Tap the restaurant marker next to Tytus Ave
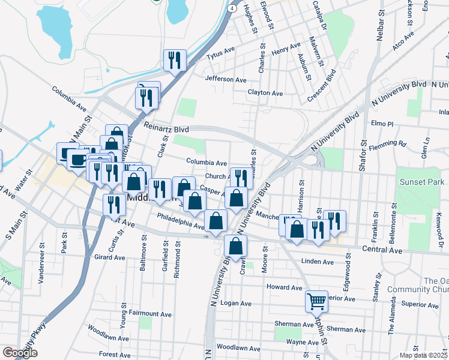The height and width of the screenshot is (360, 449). click(175, 60)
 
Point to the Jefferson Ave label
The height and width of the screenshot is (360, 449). click(226, 79)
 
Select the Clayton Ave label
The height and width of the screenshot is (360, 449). click(265, 93)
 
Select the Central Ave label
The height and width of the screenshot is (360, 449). click(382, 248)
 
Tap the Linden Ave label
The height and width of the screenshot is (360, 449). click(317, 262)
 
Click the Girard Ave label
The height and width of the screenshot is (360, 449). click(109, 256)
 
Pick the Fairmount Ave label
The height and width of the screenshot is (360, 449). click(149, 314)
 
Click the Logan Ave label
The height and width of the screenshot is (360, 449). click(236, 304)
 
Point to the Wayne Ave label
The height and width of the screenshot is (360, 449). click(302, 341)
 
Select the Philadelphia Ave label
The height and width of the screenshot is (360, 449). click(181, 221)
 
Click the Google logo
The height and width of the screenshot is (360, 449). click(20, 353)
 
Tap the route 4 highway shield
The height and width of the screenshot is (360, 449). click(231, 9)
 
